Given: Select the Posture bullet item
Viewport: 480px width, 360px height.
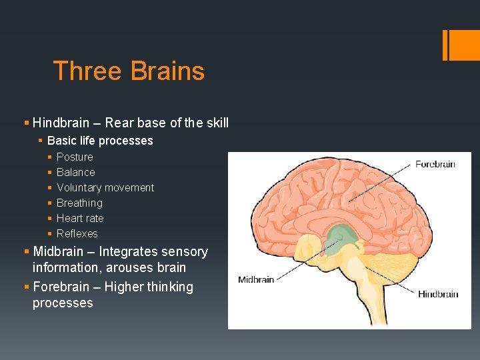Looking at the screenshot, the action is (75, 157).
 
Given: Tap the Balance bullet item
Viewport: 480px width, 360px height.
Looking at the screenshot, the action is (75, 172).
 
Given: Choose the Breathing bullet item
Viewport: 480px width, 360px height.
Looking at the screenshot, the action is (79, 203).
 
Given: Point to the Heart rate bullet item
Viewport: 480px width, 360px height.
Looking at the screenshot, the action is (80, 218).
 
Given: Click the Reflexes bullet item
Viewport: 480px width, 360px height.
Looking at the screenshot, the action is (77, 233).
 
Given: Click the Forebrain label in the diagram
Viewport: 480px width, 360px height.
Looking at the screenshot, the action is (435, 164).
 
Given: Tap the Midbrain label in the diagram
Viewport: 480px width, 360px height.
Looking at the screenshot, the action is (256, 279).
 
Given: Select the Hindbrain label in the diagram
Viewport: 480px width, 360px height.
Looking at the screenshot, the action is (438, 294).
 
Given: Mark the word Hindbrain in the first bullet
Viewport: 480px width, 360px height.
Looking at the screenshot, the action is (61, 123).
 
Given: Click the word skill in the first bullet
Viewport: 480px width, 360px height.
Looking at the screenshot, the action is (217, 123).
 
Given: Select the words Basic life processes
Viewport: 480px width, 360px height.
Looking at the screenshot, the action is (100, 141).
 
